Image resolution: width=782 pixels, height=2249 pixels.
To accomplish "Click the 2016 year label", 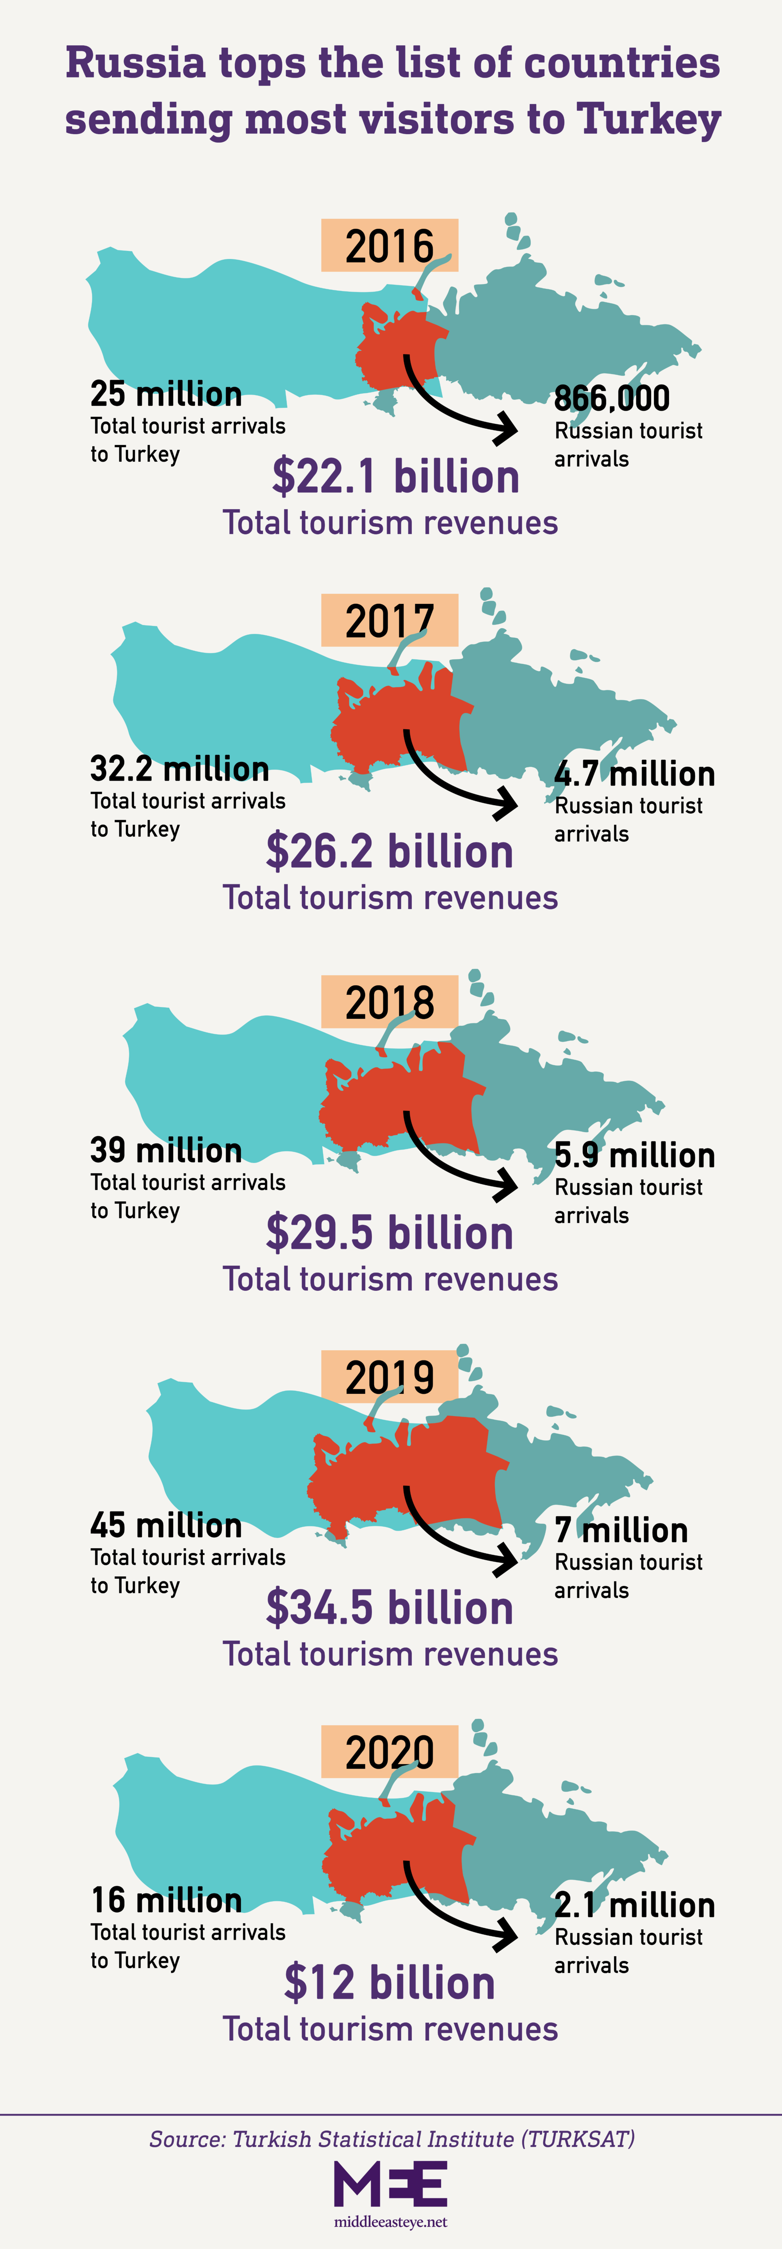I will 389,245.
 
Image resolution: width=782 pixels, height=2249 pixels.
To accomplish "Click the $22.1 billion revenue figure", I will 395,477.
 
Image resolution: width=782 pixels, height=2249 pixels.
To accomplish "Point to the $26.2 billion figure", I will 389,851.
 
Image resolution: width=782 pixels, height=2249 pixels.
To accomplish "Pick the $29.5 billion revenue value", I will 389,1233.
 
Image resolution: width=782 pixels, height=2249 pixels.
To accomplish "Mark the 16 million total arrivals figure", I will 166,1900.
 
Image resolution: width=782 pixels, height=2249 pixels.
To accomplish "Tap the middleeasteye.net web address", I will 390,2221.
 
